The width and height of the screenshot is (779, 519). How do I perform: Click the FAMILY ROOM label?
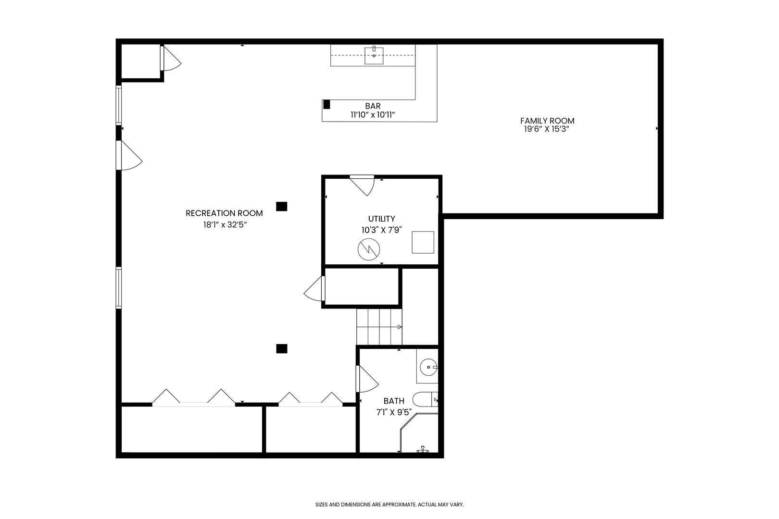pyautogui.click(x=547, y=121)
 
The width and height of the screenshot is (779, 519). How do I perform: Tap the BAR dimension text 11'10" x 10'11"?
pyautogui.click(x=373, y=114)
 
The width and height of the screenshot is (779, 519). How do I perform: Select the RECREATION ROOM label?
pyautogui.click(x=224, y=213)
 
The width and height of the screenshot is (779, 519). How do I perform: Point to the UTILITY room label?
pyautogui.click(x=381, y=219)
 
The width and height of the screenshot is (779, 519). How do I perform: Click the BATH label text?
pyautogui.click(x=393, y=401)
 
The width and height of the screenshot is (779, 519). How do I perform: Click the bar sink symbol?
pyautogui.click(x=374, y=55)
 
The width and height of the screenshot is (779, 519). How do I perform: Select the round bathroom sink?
pyautogui.click(x=427, y=368)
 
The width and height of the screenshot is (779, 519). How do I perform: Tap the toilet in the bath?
pyautogui.click(x=426, y=399)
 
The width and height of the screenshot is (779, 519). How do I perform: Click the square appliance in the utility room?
pyautogui.click(x=423, y=242)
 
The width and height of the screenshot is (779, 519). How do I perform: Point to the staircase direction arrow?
pyautogui.click(x=399, y=327)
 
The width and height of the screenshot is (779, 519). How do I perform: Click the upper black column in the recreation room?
pyautogui.click(x=281, y=206)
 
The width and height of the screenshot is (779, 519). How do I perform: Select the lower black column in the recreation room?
pyautogui.click(x=281, y=348)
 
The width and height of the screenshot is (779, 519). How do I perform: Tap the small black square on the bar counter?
pyautogui.click(x=327, y=104)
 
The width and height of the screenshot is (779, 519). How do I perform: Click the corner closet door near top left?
pyautogui.click(x=170, y=58)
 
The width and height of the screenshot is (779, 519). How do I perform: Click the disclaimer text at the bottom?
pyautogui.click(x=389, y=505)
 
